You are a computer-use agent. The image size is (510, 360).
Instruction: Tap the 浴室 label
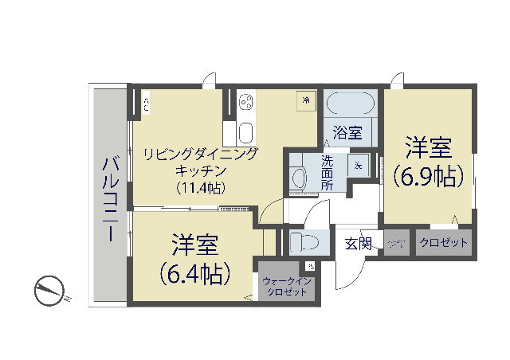click(x=347, y=132)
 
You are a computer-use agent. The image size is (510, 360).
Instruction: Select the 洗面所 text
click(x=328, y=171)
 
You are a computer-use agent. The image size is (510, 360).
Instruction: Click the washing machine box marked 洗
click(x=359, y=166)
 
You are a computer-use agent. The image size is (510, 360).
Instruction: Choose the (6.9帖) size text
click(x=428, y=175)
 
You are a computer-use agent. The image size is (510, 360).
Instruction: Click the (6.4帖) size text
click(x=195, y=274)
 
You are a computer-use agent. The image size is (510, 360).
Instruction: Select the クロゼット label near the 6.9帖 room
click(x=444, y=243)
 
